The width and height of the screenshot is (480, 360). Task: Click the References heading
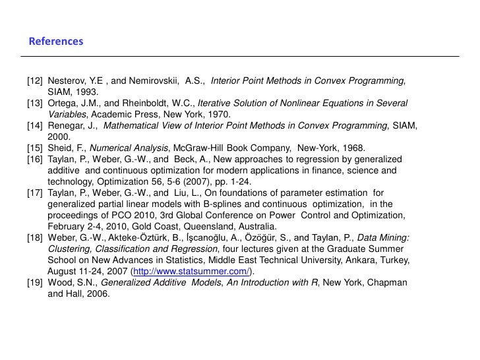tap(56, 42)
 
